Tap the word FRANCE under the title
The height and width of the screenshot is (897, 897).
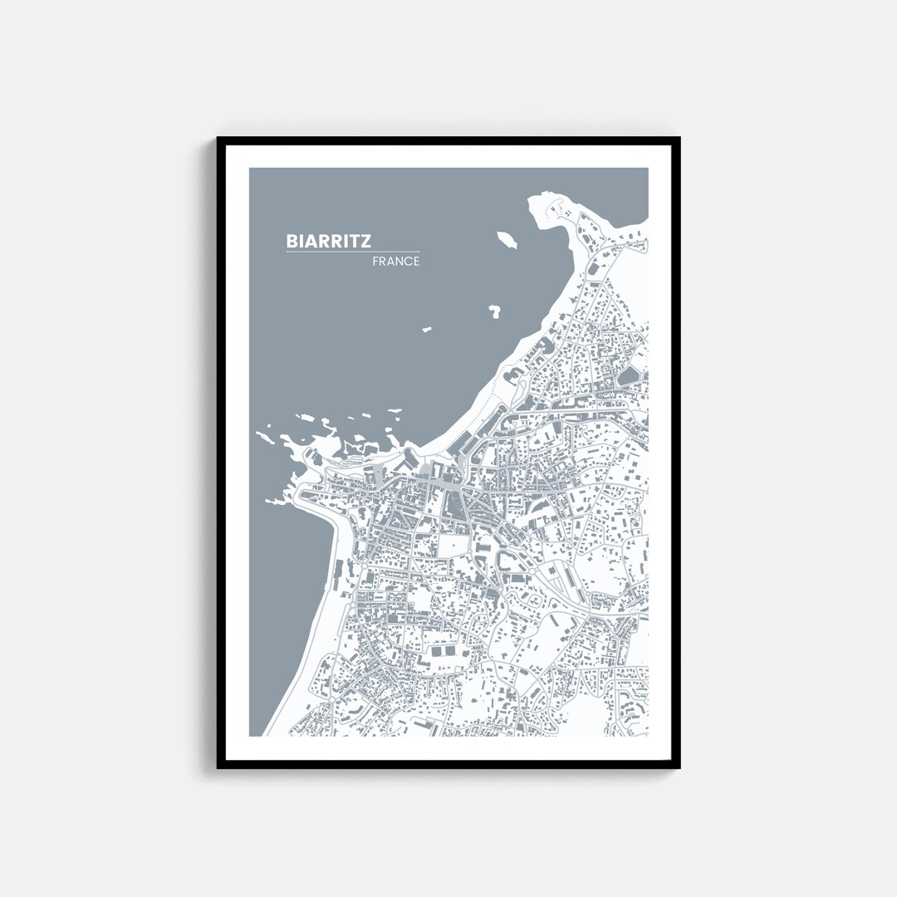(396, 262)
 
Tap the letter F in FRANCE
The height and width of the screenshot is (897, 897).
(376, 262)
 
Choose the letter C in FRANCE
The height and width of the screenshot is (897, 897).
(407, 262)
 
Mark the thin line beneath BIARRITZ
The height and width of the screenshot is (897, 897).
(353, 252)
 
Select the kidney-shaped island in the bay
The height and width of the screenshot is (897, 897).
(495, 312)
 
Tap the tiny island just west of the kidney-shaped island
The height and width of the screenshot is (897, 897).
(427, 330)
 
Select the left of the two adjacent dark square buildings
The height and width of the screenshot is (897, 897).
(437, 654)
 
